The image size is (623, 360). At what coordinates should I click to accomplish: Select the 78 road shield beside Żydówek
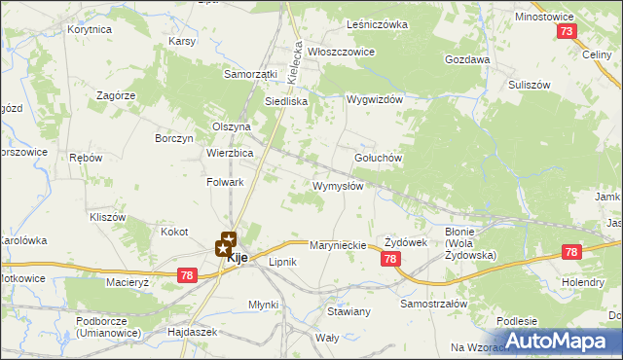(x=390, y=258)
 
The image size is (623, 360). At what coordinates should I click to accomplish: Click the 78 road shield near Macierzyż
(x=188, y=276)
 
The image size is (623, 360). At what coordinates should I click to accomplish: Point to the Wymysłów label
(x=338, y=186)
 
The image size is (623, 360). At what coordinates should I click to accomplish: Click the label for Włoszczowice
(x=342, y=52)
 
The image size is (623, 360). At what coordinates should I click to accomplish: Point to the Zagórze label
(x=115, y=95)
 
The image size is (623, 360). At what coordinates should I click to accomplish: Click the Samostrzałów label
(x=435, y=304)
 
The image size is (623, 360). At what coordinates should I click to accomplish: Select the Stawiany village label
(x=348, y=311)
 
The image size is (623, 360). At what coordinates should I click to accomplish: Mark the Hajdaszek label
(x=193, y=333)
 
